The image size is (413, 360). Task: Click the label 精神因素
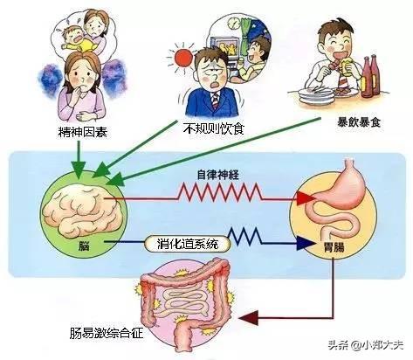[x=83, y=132]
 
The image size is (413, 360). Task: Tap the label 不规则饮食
[x=214, y=128]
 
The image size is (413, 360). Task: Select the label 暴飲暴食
[x=359, y=122]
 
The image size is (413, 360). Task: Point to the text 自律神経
[x=218, y=175]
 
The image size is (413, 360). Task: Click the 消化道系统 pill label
[x=188, y=244]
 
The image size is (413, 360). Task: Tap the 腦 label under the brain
[x=84, y=246]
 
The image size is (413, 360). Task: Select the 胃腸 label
[x=334, y=247]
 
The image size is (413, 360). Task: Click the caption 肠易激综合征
[x=107, y=333]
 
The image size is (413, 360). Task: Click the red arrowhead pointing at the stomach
[x=306, y=198]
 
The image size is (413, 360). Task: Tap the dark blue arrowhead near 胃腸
[x=306, y=243]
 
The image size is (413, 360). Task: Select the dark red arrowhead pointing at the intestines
[x=249, y=317]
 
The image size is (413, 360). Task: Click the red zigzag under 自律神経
[x=220, y=192]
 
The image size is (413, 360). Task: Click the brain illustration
[x=82, y=210]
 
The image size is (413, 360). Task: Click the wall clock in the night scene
[x=232, y=23]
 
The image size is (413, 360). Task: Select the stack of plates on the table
[x=316, y=95]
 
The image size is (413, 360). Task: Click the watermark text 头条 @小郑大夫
[x=366, y=345]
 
